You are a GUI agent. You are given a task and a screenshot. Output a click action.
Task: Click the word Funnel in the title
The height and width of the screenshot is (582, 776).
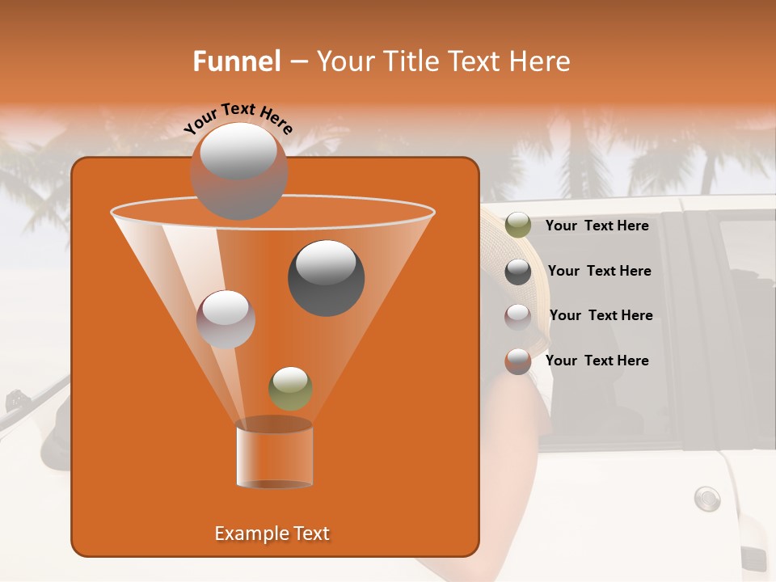pos(236,61)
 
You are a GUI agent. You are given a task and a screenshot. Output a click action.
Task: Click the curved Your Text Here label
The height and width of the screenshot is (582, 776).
pos(238,119)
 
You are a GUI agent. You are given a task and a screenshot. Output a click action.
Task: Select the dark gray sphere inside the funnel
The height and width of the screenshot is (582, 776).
pos(326,277)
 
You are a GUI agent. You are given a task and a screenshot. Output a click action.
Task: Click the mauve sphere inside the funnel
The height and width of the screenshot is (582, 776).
pos(226,318)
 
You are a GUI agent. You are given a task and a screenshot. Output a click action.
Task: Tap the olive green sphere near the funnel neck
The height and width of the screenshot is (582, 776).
pos(290,388)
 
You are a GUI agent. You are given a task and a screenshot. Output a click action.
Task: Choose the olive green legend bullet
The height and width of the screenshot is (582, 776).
pos(518,226)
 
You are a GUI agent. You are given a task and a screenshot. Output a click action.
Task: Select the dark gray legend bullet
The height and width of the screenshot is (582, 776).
pos(518,272)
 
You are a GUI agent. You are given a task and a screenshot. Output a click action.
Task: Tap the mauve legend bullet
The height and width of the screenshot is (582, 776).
pos(518,316)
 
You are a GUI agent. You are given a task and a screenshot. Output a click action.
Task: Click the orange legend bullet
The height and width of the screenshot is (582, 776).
pos(518,361)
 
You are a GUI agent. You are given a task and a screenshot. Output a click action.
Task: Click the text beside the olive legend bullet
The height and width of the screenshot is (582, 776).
pos(597,226)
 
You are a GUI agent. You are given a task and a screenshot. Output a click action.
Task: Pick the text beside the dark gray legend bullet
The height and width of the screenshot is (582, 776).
pos(599,272)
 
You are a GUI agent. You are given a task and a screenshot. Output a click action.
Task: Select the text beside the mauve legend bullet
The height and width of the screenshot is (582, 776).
pos(601,315)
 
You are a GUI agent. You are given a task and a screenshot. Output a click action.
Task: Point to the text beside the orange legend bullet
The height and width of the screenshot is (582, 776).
pos(597,361)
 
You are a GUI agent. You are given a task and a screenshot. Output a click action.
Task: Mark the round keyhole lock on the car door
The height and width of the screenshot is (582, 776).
pos(706,498)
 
